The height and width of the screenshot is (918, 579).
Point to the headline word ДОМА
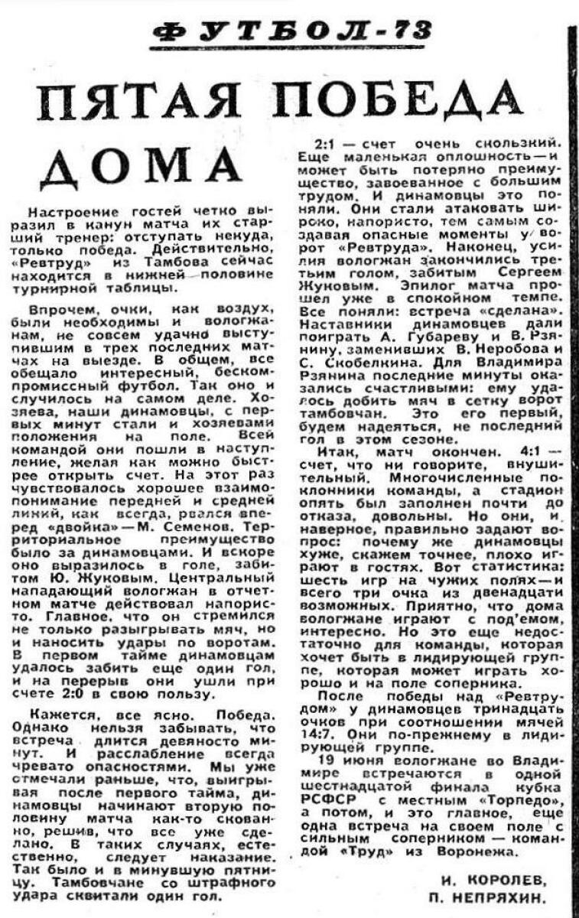tap(136, 164)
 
